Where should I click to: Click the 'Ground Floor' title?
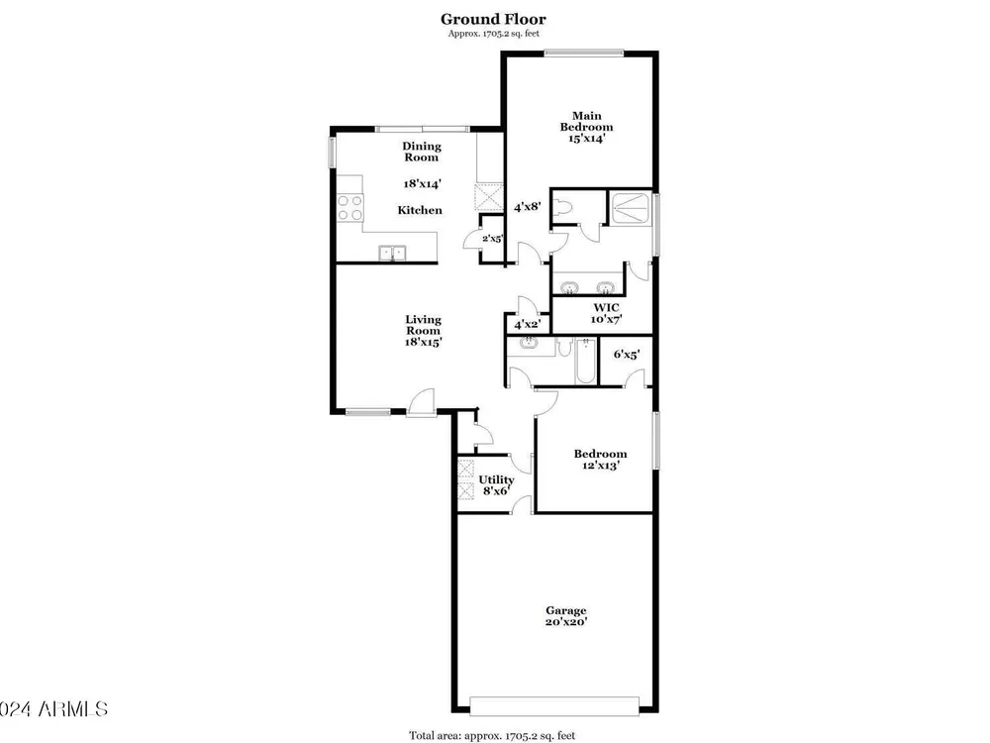click(493, 20)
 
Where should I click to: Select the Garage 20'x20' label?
click(566, 616)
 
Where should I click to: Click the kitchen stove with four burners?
click(349, 208)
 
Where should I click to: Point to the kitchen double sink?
click(392, 254)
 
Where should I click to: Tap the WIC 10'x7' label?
click(606, 313)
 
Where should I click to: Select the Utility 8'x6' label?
click(496, 484)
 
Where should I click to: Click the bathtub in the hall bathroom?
click(585, 361)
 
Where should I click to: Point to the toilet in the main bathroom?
click(562, 208)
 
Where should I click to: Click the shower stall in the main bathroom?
click(631, 208)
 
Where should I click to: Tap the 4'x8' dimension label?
click(528, 206)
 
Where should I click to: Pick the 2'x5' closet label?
click(492, 238)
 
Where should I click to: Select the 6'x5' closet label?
click(627, 355)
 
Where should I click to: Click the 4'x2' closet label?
click(527, 325)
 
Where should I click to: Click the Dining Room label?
click(422, 152)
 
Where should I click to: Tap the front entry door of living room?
click(421, 403)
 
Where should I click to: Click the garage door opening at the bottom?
click(554, 705)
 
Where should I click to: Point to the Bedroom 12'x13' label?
click(600, 460)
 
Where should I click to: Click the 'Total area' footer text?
click(492, 735)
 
